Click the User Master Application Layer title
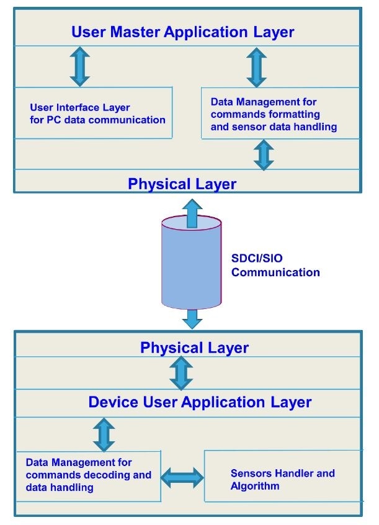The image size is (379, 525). point(182,32)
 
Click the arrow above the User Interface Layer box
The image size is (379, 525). point(80,67)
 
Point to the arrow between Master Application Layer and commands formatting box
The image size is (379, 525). point(256,67)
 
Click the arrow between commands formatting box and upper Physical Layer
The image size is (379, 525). point(264,155)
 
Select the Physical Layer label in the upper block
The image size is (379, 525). point(182,184)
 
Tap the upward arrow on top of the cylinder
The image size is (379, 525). point(192,211)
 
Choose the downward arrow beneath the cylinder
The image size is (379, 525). point(192,318)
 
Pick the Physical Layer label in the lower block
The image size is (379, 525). point(194,348)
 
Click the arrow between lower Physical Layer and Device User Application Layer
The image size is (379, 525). point(182,374)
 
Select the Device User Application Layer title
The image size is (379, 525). point(200,402)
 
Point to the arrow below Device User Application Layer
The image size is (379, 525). point(104,434)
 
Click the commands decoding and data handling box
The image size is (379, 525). point(88,475)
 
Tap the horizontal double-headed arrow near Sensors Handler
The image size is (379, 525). point(182,477)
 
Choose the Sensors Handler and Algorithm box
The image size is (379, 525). point(282,479)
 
